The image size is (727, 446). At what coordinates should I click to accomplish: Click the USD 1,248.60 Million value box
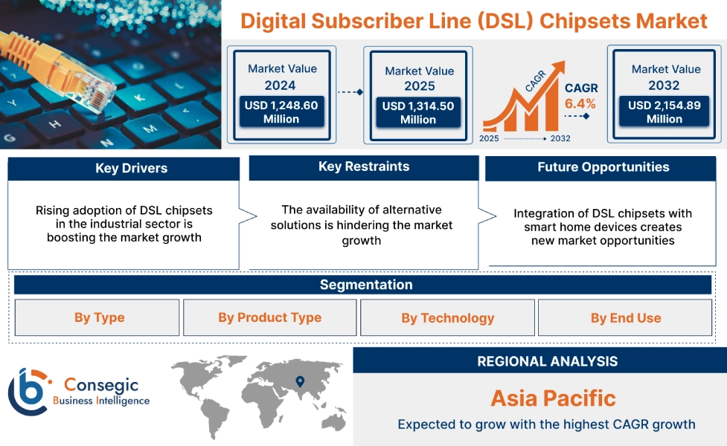(x=281, y=112)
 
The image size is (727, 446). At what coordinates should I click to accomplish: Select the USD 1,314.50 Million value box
(x=418, y=113)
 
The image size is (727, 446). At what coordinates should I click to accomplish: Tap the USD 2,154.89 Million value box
(x=664, y=112)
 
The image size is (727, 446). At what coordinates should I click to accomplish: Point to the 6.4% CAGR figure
(x=580, y=104)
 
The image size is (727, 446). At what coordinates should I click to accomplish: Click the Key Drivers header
(x=124, y=169)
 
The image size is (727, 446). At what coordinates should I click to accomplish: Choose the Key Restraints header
(x=364, y=167)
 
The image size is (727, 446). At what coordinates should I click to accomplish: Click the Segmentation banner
(x=366, y=285)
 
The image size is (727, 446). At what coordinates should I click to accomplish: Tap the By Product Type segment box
(x=269, y=318)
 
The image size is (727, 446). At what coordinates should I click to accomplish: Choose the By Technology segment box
(x=447, y=318)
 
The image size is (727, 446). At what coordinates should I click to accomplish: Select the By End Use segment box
(x=626, y=318)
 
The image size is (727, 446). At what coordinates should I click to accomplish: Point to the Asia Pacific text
(x=553, y=398)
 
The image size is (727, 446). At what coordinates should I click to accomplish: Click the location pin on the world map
(x=300, y=381)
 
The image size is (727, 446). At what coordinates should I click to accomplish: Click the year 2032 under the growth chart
(x=560, y=138)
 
